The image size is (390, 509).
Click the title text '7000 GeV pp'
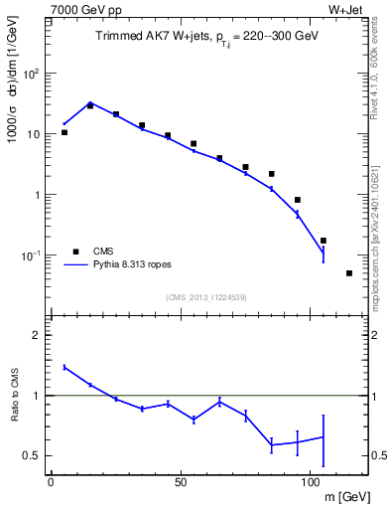[79, 9]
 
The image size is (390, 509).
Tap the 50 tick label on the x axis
[181, 482]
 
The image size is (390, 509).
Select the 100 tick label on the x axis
[311, 482]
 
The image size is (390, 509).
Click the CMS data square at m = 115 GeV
[349, 273]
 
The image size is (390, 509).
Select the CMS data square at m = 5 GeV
[65, 132]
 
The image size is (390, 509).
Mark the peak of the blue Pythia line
[90, 102]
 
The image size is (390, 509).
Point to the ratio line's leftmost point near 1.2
[65, 367]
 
